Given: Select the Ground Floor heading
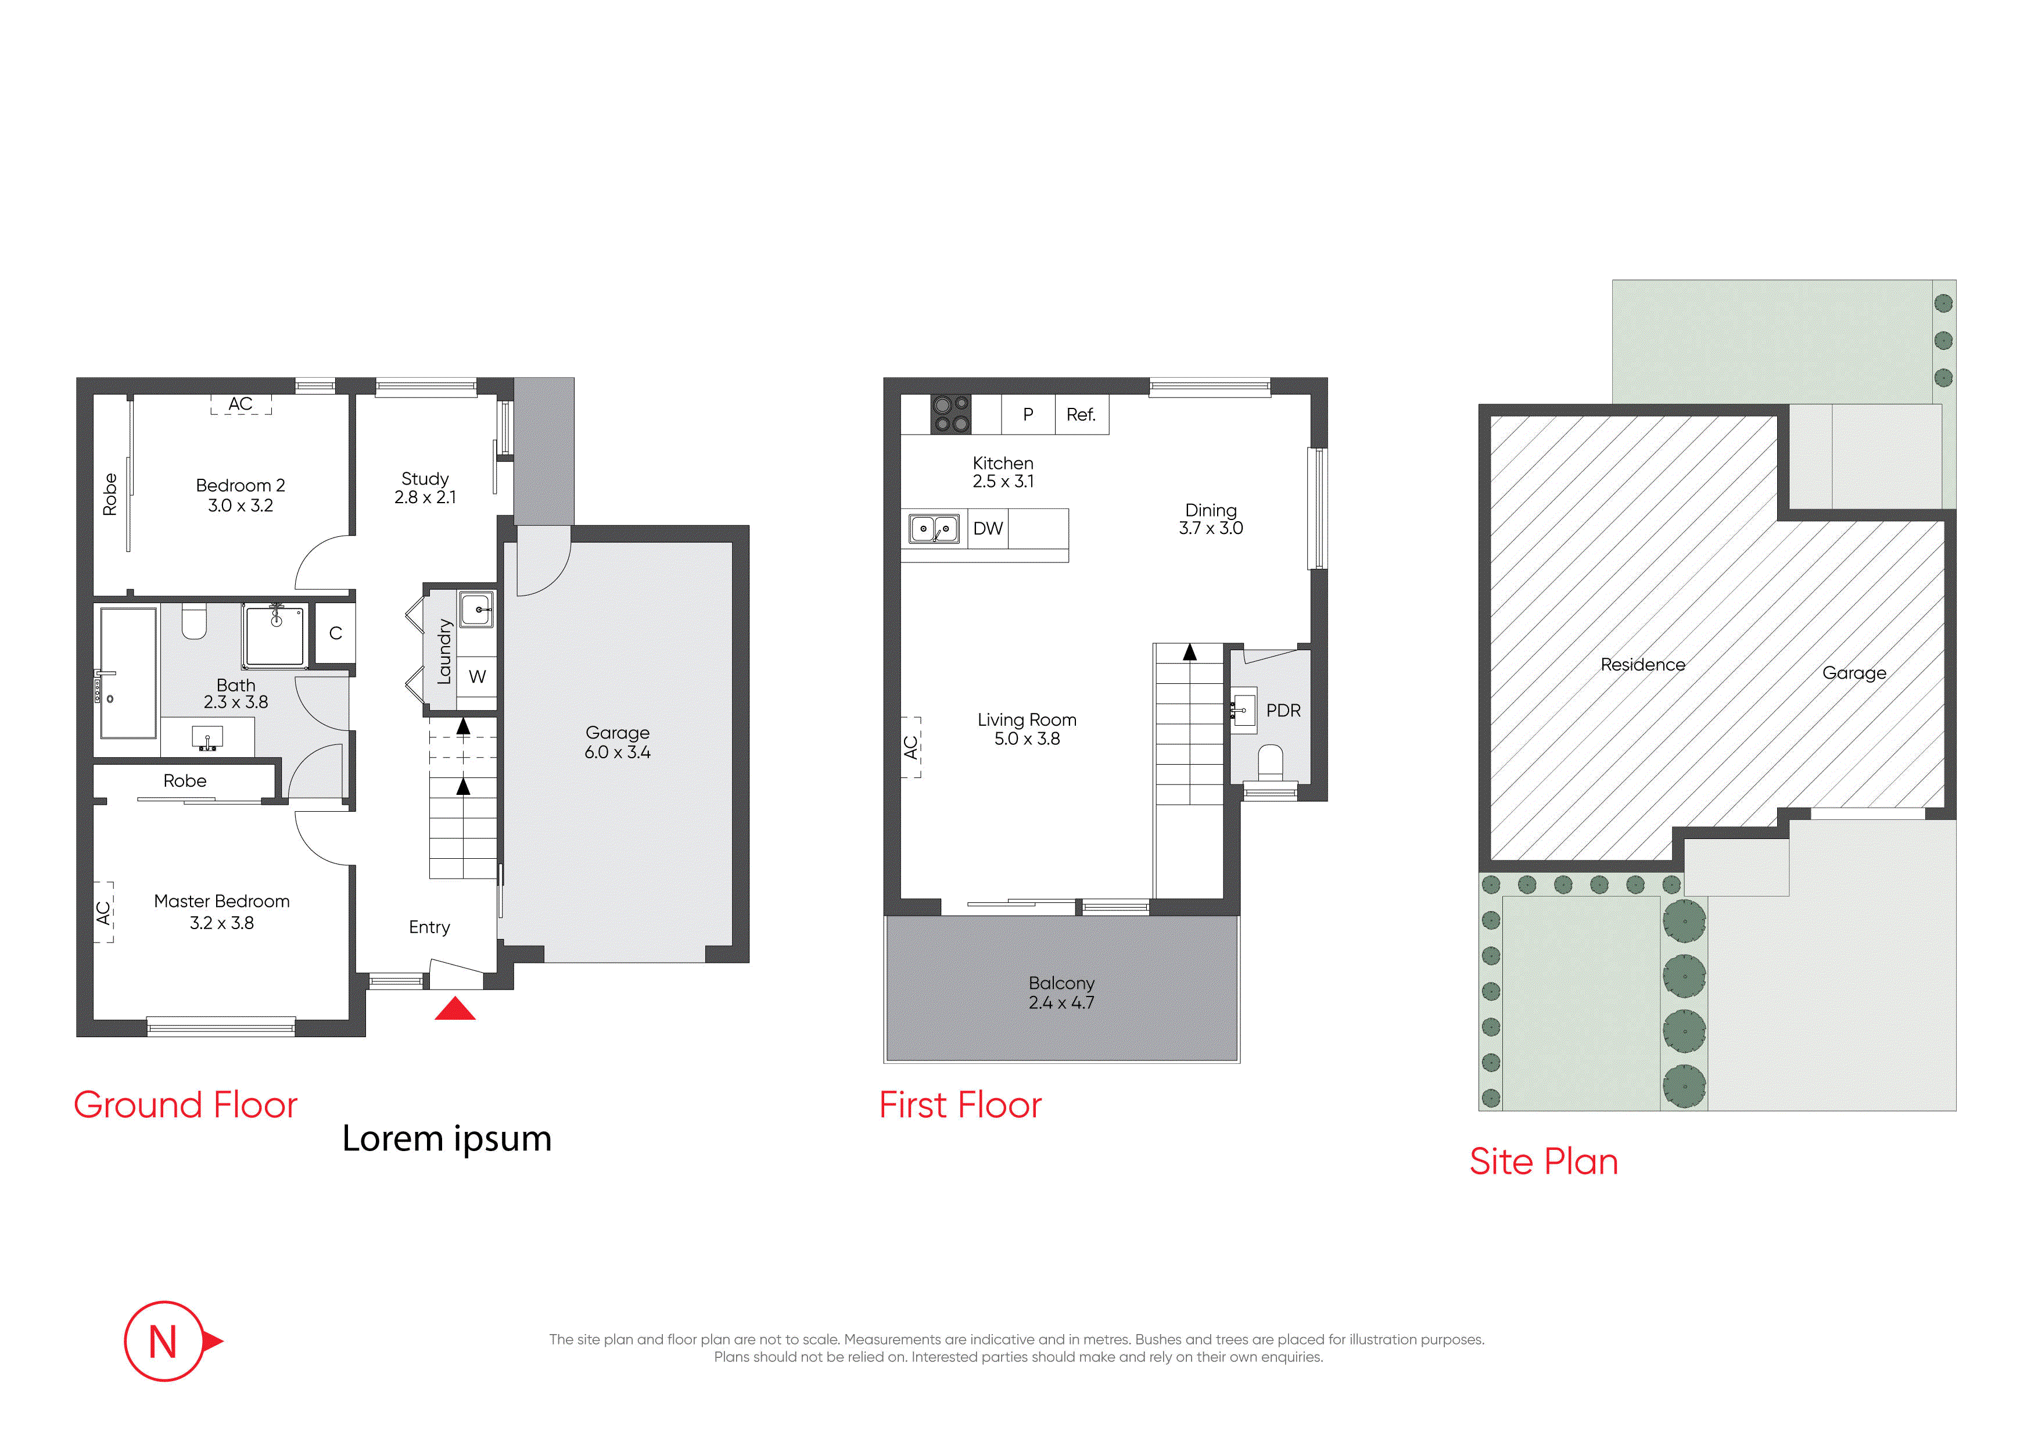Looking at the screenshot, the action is (185, 1105).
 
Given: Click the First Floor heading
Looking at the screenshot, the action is (960, 1105).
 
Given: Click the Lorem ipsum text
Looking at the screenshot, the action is (447, 1139).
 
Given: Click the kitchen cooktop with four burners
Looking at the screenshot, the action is (950, 414).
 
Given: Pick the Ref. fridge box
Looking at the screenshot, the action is (1082, 415).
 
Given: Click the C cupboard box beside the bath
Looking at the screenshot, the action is (336, 633).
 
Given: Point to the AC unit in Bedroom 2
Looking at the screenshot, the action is (241, 405).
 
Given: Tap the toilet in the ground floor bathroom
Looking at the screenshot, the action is (195, 621).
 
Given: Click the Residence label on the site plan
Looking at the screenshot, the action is (1643, 665).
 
